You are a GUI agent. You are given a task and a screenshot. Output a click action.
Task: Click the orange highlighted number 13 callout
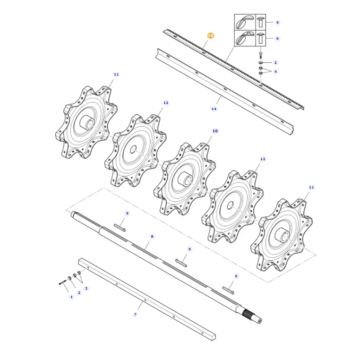210,35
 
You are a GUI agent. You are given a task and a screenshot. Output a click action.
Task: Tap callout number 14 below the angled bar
214,109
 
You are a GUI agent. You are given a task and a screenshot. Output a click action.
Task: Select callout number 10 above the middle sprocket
215,131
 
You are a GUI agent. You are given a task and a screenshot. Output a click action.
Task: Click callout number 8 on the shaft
152,236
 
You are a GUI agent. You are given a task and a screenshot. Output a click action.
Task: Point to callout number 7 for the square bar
135,314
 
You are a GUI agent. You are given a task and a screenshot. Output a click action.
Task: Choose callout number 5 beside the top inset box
277,22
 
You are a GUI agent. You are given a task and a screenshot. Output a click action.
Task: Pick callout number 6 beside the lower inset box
277,38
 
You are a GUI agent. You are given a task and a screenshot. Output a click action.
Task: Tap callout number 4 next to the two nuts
275,71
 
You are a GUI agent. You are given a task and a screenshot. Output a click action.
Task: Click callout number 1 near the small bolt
71,297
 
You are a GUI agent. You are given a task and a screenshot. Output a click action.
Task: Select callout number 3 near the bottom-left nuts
86,288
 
